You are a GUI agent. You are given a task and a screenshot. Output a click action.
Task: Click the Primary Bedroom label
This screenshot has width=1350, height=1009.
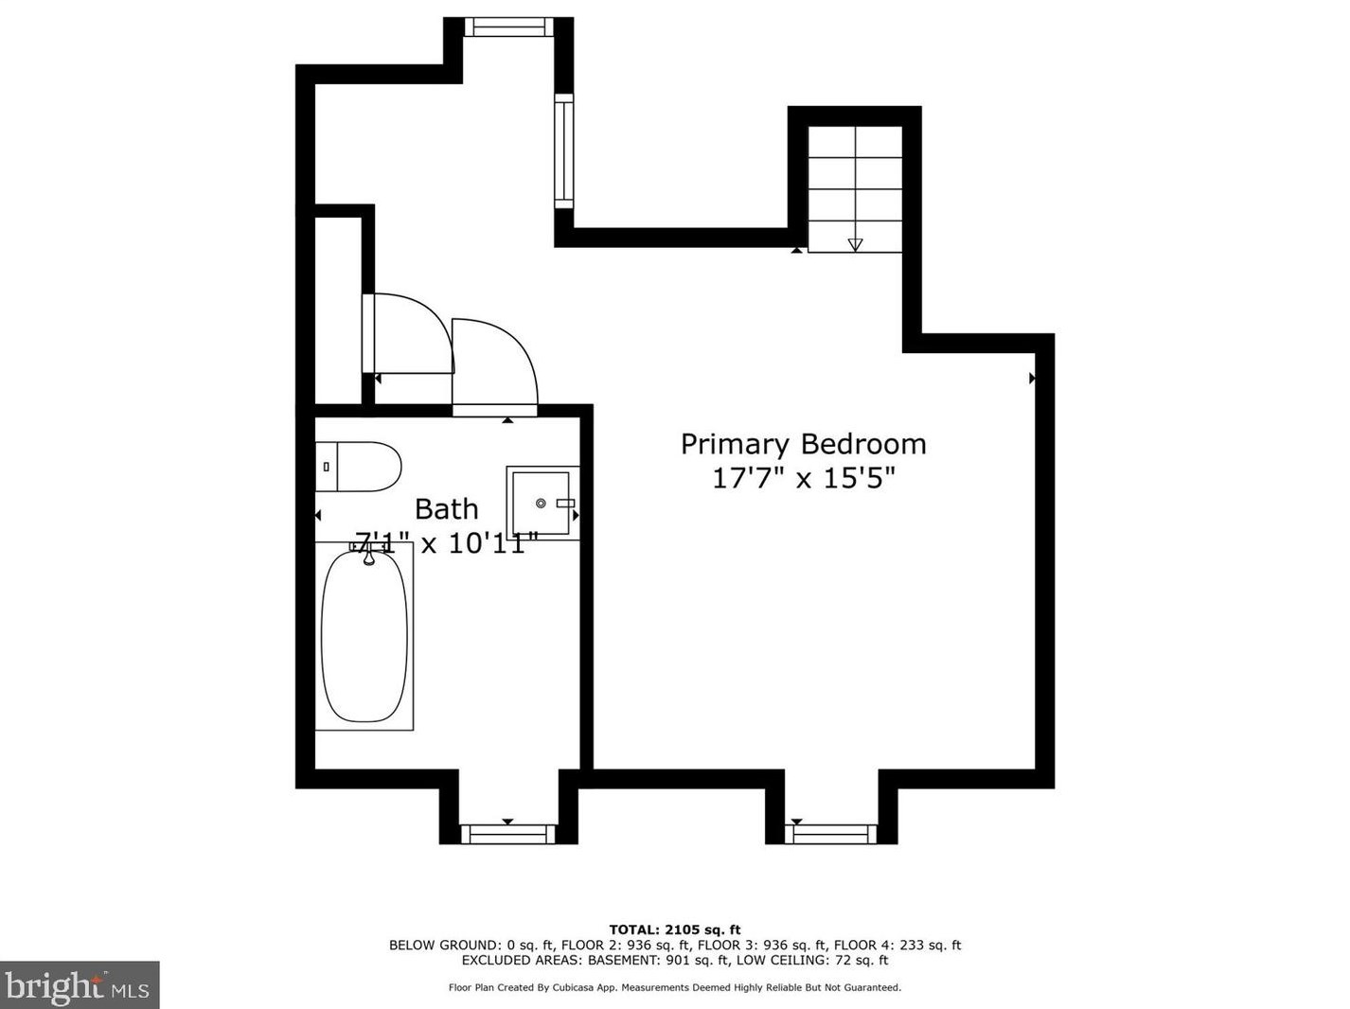click(x=803, y=444)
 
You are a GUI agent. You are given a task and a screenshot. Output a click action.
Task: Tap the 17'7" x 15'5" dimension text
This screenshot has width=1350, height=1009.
click(x=803, y=478)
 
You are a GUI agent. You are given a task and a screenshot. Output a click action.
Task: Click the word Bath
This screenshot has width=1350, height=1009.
click(x=446, y=509)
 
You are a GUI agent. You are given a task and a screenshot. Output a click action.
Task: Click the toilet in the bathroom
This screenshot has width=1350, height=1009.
click(x=359, y=467)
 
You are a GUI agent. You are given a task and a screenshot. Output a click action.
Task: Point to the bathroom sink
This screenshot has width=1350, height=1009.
click(x=542, y=503)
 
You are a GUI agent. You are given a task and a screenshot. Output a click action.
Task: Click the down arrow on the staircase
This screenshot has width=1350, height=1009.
click(x=855, y=244)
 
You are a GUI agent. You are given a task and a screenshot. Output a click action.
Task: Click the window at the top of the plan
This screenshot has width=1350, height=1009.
click(x=508, y=27)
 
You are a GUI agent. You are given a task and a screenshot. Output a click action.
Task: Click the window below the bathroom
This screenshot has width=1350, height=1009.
click(x=507, y=834)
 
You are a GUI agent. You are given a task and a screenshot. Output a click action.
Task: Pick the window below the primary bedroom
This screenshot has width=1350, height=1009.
click(x=831, y=834)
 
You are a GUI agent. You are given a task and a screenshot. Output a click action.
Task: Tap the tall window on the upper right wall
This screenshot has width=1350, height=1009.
click(x=563, y=151)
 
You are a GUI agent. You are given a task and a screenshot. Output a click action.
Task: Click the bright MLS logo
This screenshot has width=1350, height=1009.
click(x=80, y=985)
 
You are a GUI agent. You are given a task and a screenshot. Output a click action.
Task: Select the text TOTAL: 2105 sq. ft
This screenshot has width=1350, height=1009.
click(x=674, y=929)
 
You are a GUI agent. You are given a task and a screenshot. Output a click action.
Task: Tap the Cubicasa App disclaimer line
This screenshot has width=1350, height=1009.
click(x=674, y=987)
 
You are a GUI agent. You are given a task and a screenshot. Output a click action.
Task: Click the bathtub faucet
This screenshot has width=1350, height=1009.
click(x=368, y=558)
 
